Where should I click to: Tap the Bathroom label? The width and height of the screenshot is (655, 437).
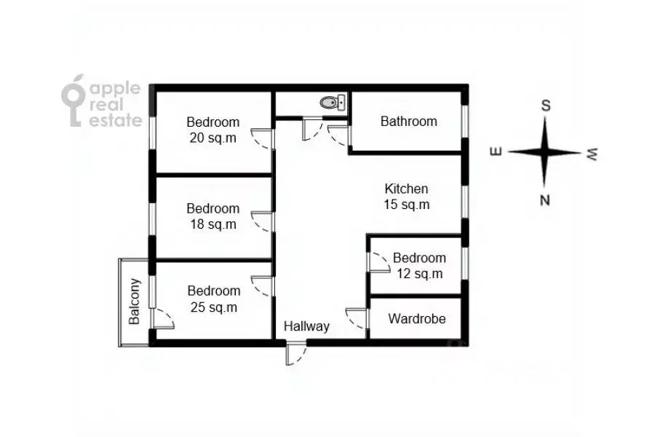pyautogui.click(x=408, y=122)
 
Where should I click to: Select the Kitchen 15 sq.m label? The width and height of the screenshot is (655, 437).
pyautogui.click(x=406, y=197)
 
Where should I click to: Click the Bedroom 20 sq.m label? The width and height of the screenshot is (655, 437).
pyautogui.click(x=213, y=130)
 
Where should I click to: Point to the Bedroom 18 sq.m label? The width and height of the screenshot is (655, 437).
pyautogui.click(x=213, y=216)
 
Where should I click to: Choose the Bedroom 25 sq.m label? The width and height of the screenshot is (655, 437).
pyautogui.click(x=213, y=299)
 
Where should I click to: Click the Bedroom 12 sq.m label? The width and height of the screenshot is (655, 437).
pyautogui.click(x=418, y=266)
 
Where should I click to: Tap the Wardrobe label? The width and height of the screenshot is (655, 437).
pyautogui.click(x=416, y=319)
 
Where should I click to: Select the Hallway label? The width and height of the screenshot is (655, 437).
pyautogui.click(x=306, y=326)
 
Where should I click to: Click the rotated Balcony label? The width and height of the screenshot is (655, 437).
pyautogui.click(x=134, y=302)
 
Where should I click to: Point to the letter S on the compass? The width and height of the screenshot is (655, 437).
pyautogui.click(x=545, y=106)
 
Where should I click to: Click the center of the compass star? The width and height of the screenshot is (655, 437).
pyautogui.click(x=545, y=152)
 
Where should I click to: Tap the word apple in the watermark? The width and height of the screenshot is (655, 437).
pyautogui.click(x=114, y=88)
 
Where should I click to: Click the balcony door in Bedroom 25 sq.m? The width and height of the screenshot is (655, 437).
pyautogui.click(x=162, y=318)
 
